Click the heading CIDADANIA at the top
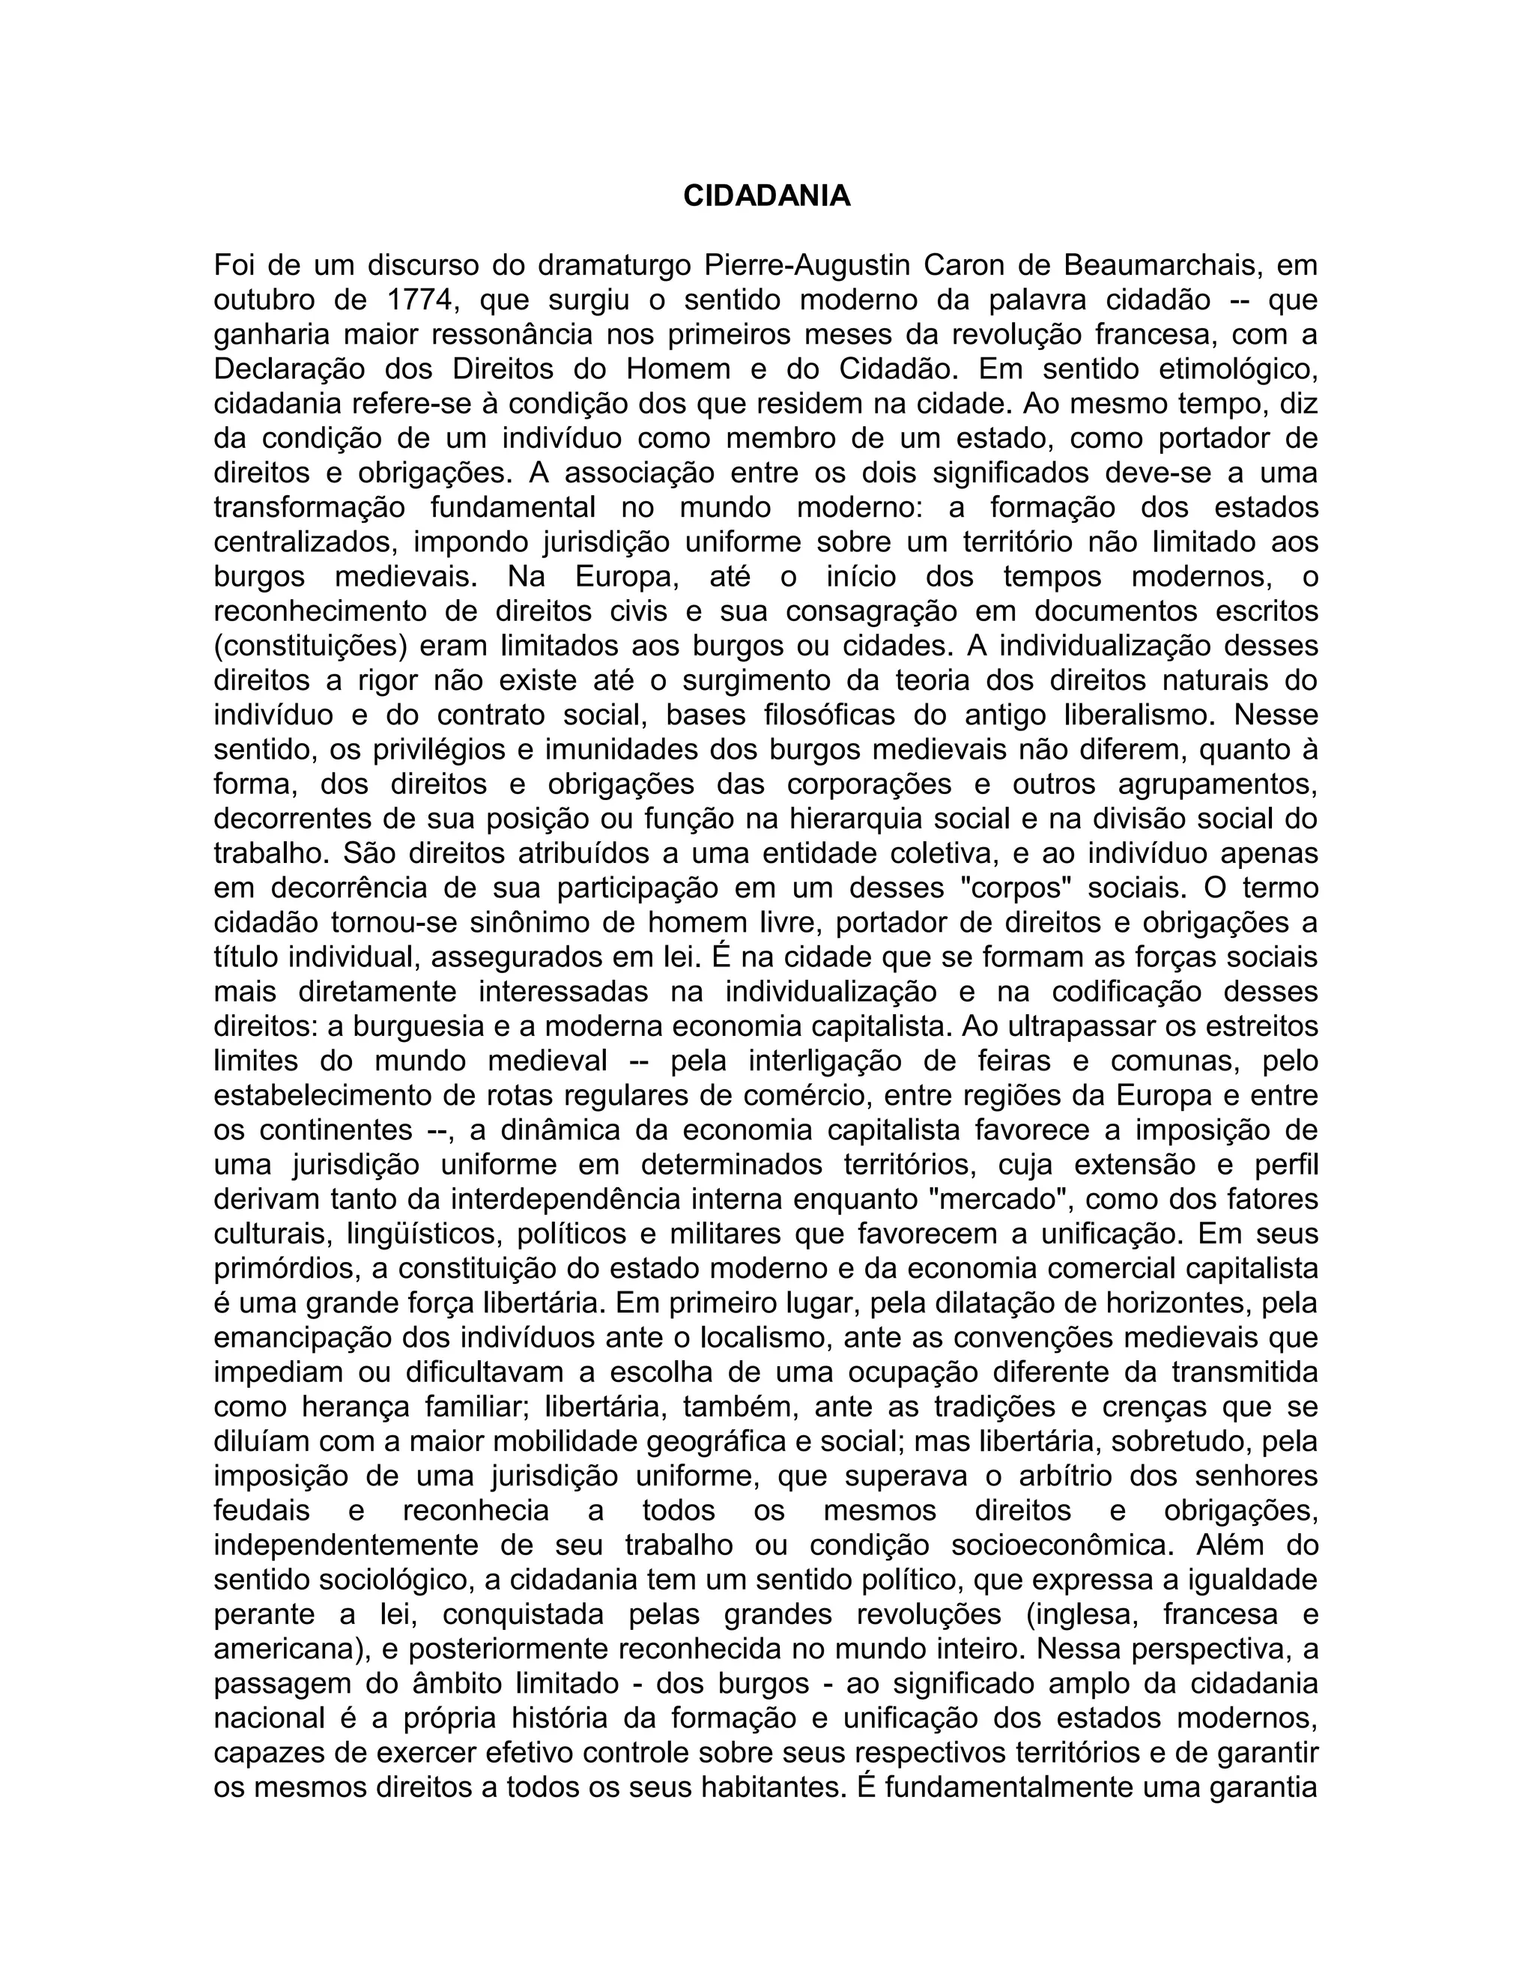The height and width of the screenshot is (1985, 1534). tap(766, 196)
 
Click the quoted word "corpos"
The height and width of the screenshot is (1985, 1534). tap(1013, 887)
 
